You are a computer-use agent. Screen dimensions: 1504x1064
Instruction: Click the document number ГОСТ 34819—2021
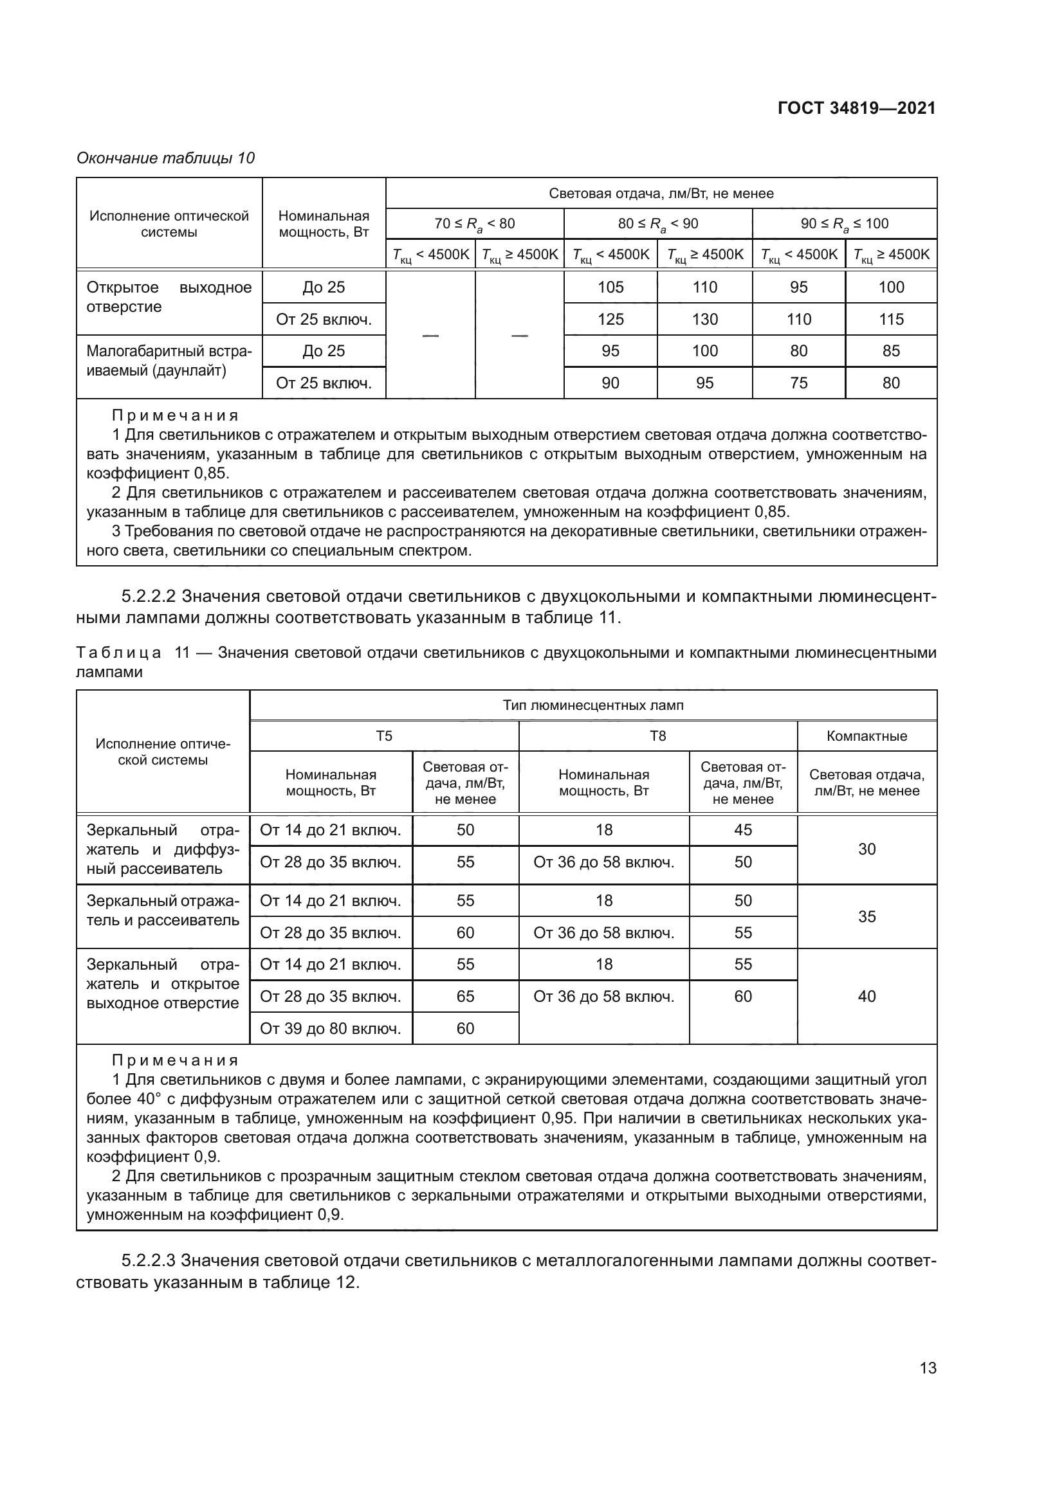pyautogui.click(x=856, y=108)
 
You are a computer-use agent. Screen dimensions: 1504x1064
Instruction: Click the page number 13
pyautogui.click(x=928, y=1367)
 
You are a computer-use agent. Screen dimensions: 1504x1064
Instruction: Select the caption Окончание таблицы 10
pyautogui.click(x=166, y=158)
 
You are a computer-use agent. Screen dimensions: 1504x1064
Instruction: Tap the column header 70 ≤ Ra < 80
pyautogui.click(x=474, y=223)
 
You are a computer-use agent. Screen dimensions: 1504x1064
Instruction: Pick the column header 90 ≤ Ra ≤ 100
pyautogui.click(x=844, y=223)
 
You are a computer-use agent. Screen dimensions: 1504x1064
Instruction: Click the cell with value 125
pyautogui.click(x=610, y=319)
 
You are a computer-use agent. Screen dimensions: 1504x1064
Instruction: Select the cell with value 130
pyautogui.click(x=704, y=319)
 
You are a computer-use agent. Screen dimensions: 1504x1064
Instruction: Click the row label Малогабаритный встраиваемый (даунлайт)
pyautogui.click(x=169, y=361)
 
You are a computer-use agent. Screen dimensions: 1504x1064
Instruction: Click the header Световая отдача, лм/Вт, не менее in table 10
pyautogui.click(x=661, y=194)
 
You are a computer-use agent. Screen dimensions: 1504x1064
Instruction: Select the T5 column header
pyautogui.click(x=384, y=736)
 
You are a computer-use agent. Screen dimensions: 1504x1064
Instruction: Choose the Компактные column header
pyautogui.click(x=866, y=736)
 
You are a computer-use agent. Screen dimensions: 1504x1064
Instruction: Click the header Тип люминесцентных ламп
pyautogui.click(x=592, y=705)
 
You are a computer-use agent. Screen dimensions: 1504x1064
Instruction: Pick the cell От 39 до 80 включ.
pyautogui.click(x=330, y=1028)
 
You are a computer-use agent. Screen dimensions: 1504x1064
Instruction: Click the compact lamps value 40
pyautogui.click(x=866, y=996)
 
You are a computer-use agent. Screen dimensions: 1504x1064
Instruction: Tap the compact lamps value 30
pyautogui.click(x=866, y=849)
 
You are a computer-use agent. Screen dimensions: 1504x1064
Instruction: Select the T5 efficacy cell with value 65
pyautogui.click(x=465, y=996)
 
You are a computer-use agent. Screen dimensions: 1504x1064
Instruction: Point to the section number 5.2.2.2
pyautogui.click(x=149, y=596)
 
